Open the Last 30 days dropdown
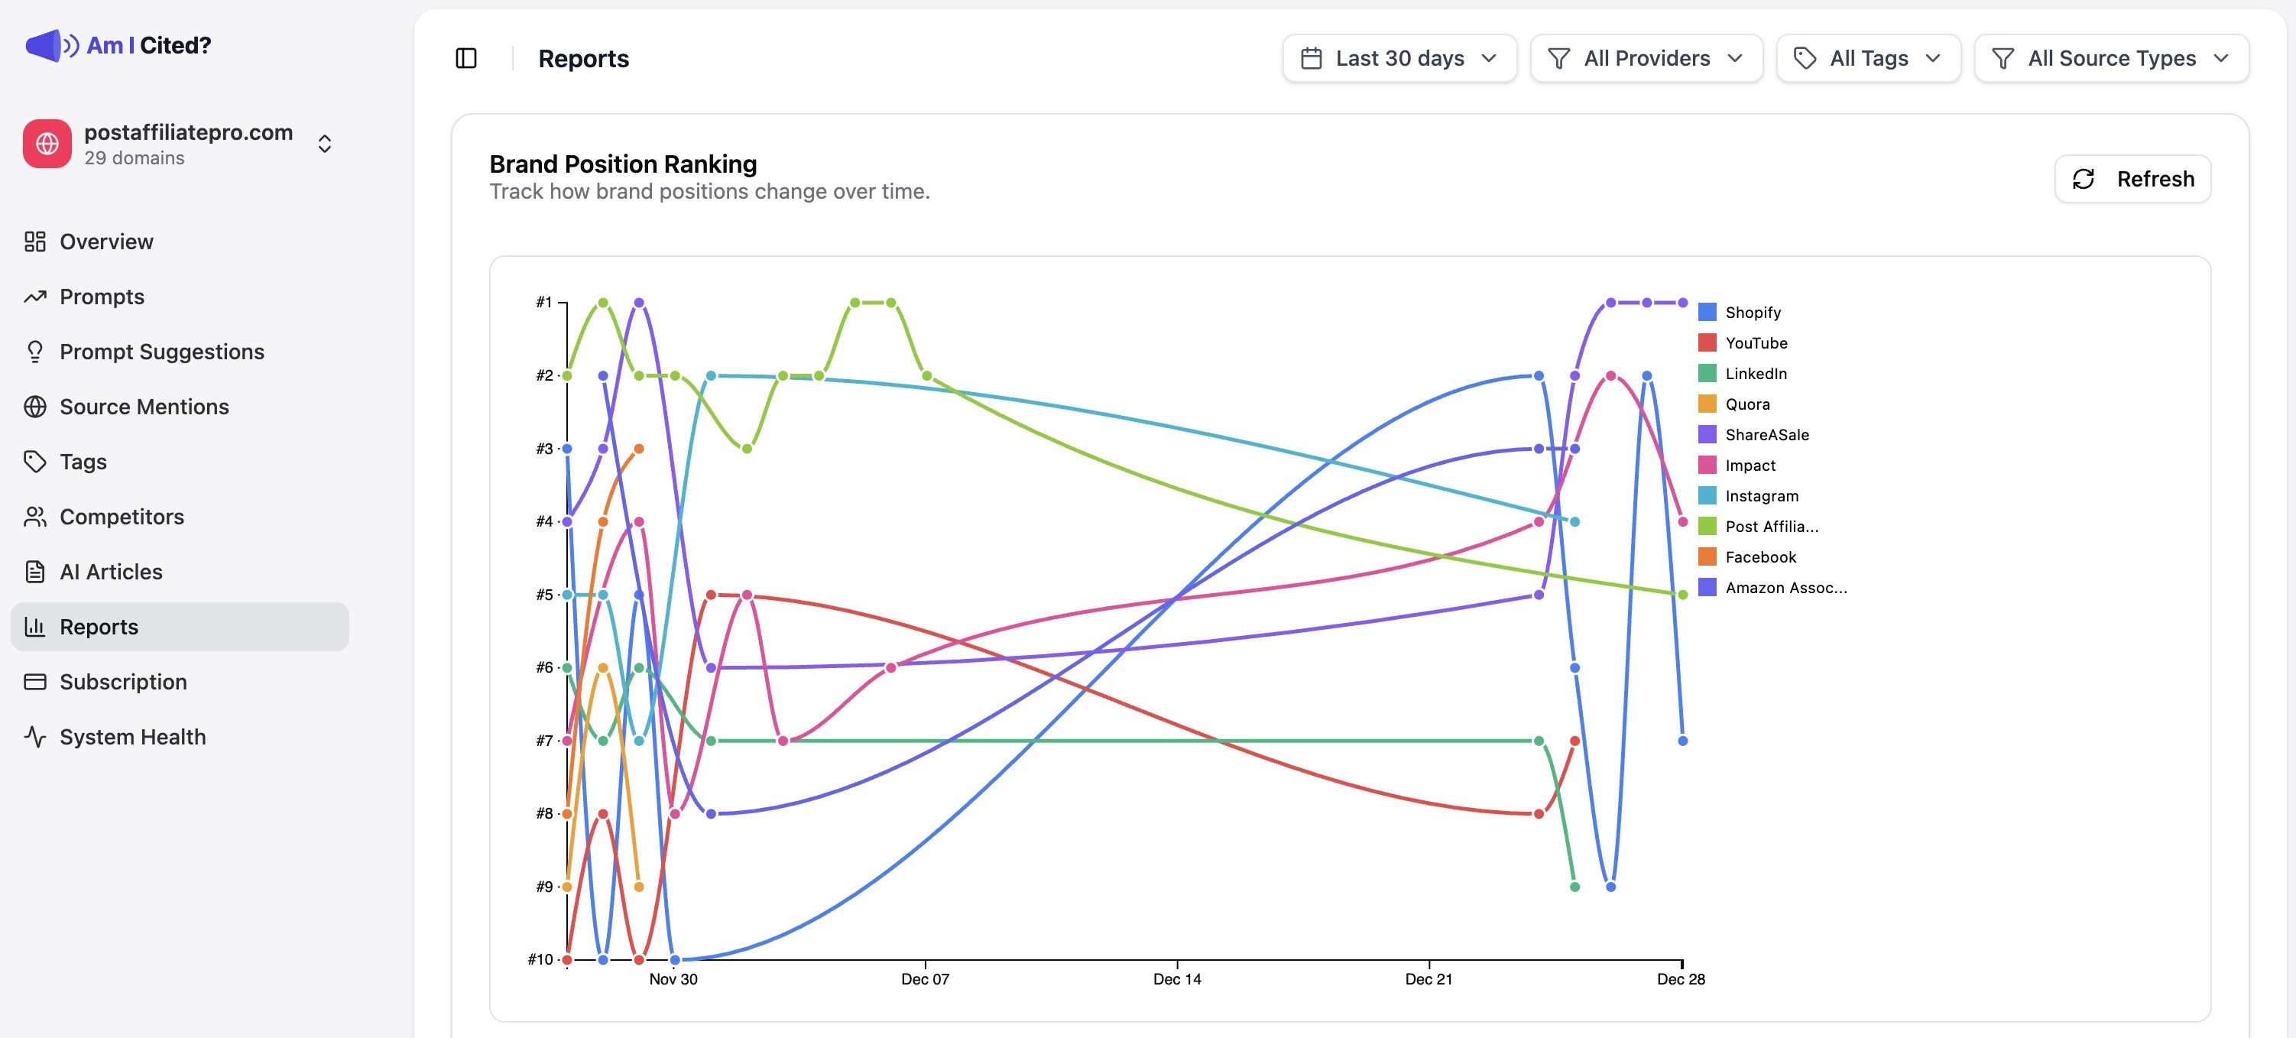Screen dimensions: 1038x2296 pos(1399,59)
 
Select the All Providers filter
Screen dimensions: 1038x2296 pos(1646,59)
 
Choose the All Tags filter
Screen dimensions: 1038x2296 pos(1867,59)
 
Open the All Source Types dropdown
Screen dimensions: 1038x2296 pos(2110,59)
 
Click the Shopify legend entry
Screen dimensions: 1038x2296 pos(1753,313)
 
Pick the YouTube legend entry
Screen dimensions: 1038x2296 pos(1755,343)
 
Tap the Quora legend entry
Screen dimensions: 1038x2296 pos(1747,404)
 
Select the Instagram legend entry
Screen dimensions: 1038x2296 pos(1761,496)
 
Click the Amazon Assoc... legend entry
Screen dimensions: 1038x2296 pos(1785,588)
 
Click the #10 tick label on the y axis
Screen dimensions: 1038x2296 pos(540,959)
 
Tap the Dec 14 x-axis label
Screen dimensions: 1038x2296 pos(1176,979)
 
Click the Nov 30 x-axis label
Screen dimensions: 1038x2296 pos(673,979)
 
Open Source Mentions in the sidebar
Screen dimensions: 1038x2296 pos(144,407)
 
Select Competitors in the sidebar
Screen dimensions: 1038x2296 pos(122,517)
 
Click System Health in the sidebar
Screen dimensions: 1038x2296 pos(132,737)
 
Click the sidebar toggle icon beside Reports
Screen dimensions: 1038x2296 pos(466,59)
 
